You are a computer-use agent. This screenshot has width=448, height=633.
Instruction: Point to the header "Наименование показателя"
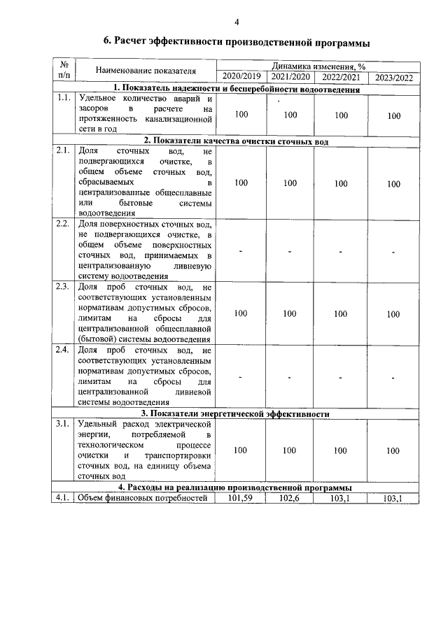click(x=146, y=71)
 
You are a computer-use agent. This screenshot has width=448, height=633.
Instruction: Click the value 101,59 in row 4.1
click(x=241, y=498)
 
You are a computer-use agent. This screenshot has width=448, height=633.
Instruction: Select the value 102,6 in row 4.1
click(x=290, y=498)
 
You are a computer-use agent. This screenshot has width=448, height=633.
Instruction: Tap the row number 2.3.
click(x=62, y=287)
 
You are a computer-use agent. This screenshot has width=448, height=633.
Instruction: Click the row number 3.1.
click(x=62, y=425)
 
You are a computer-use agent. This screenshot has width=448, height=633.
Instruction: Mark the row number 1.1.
click(x=62, y=99)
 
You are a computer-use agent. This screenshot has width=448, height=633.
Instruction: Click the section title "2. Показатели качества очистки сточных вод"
click(x=236, y=141)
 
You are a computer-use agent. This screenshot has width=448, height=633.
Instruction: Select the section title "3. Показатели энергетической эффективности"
click(x=236, y=414)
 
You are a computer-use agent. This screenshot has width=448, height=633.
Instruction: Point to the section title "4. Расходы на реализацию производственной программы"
click(x=236, y=488)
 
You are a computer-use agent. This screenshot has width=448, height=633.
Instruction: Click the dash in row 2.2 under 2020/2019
click(x=241, y=252)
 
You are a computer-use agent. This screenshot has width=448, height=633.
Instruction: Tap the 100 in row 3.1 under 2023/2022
click(x=394, y=451)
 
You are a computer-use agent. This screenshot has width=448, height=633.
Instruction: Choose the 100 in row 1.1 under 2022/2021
click(x=341, y=115)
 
